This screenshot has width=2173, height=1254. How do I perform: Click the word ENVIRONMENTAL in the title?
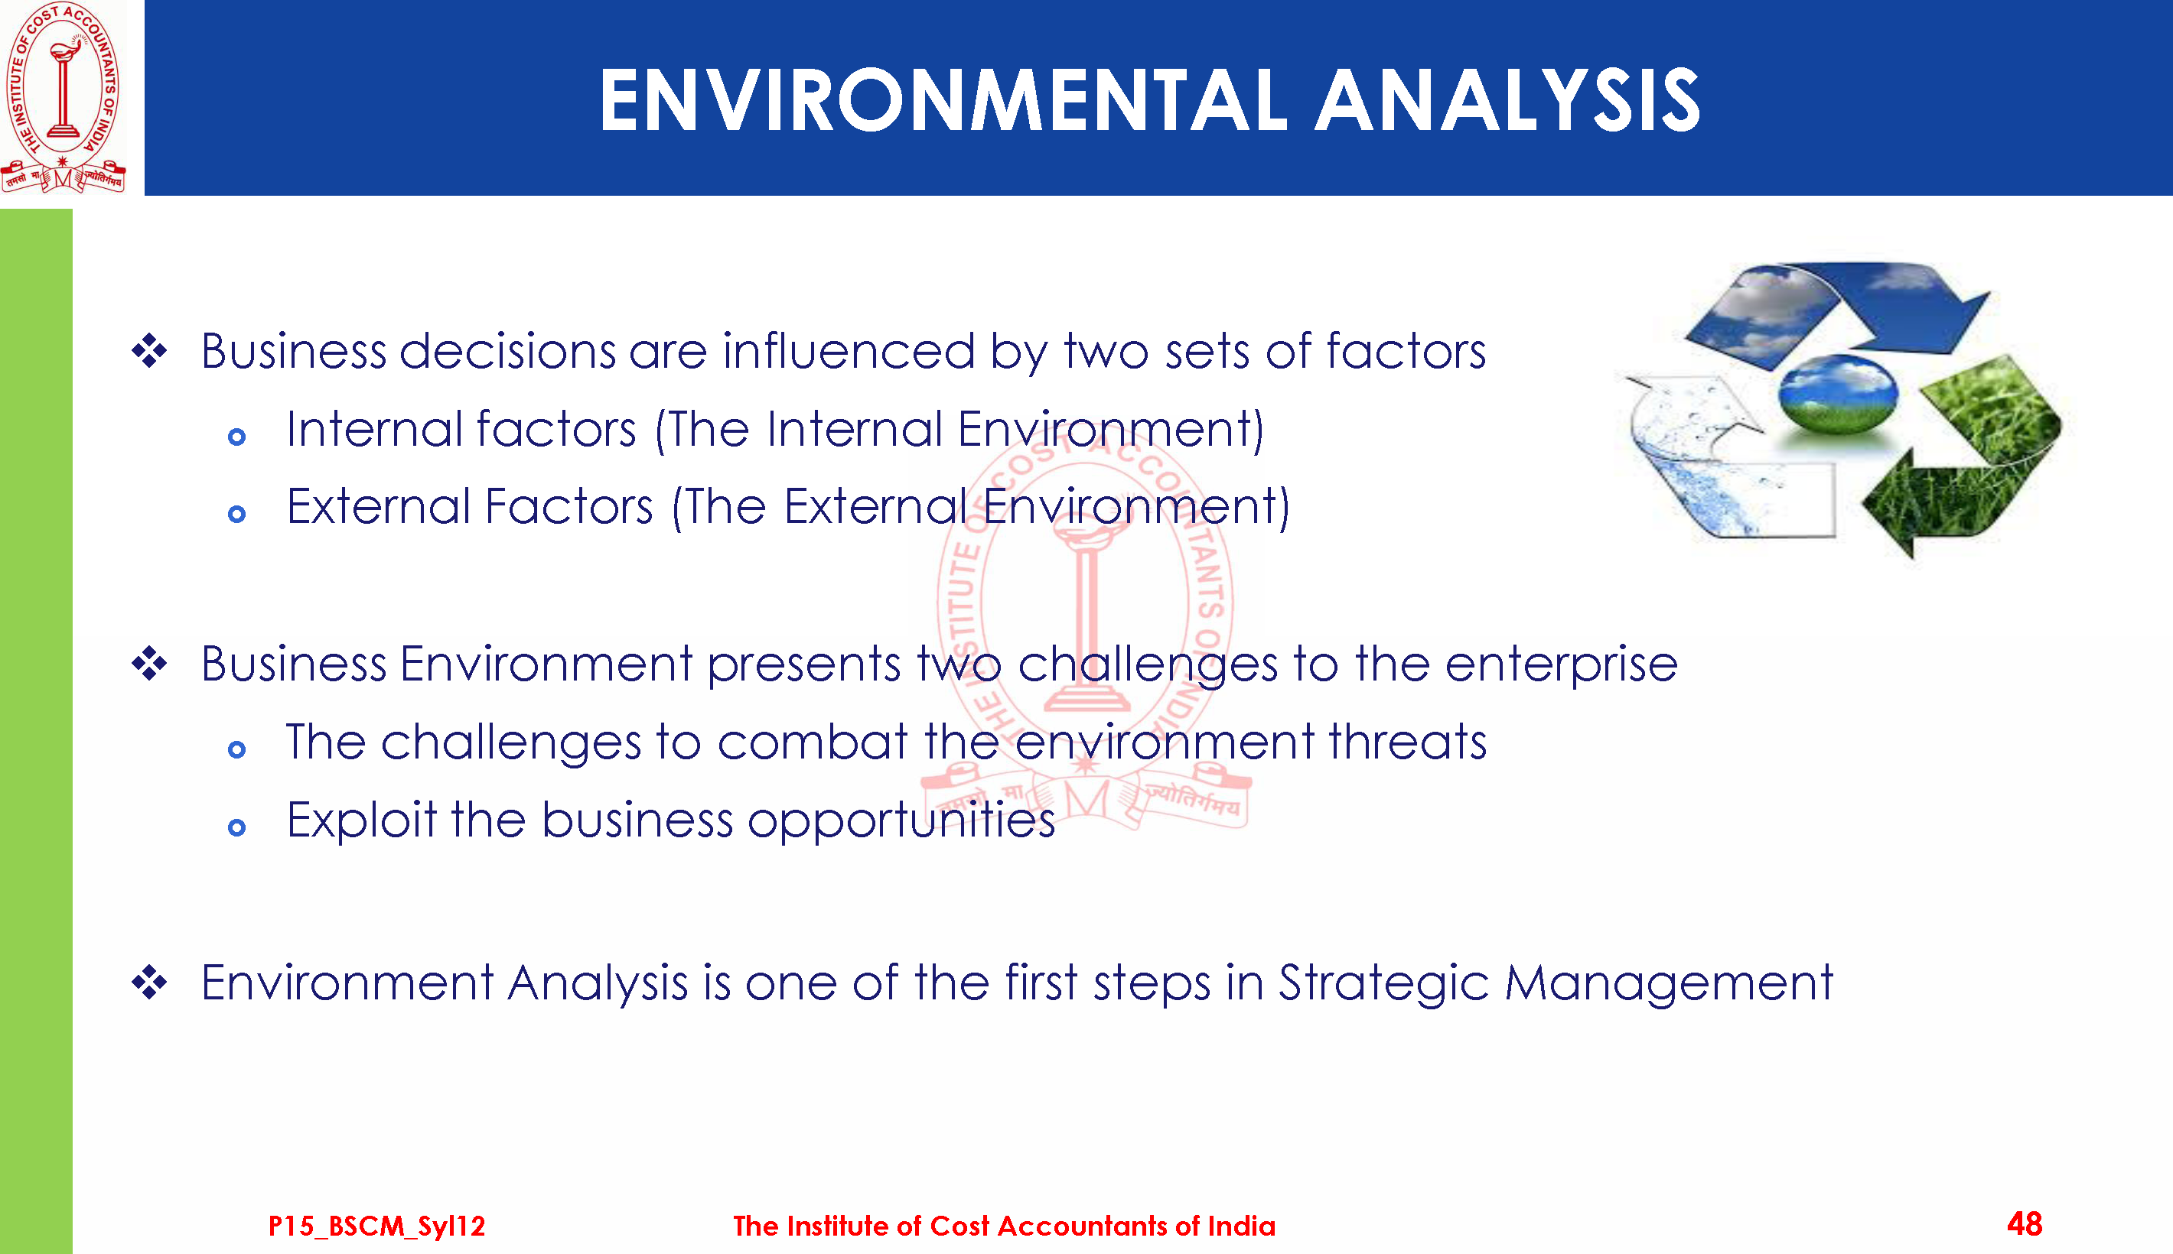tap(943, 101)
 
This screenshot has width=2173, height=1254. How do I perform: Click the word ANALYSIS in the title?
tap(1508, 101)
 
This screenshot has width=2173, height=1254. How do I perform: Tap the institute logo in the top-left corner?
tap(63, 96)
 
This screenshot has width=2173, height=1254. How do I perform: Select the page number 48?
tap(2025, 1224)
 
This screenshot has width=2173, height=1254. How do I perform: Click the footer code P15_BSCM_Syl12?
tap(376, 1226)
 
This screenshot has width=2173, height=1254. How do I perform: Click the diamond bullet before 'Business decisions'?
tap(149, 350)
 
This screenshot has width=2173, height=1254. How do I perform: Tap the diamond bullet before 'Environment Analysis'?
tap(149, 982)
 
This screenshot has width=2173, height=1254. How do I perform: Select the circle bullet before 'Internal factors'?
tap(237, 437)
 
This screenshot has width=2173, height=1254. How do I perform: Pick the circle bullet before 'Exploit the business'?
tap(237, 827)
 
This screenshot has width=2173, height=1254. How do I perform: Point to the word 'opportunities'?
tap(901, 820)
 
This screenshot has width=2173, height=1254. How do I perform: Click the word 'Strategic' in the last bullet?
tap(1383, 983)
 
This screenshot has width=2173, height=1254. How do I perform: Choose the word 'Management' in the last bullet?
tap(1669, 983)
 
